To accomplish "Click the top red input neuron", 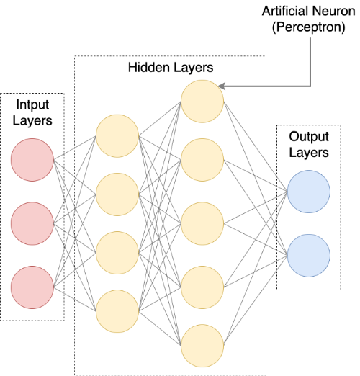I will pos(33,159).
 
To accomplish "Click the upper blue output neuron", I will pos(308,192).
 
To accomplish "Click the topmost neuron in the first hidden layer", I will pos(117,138).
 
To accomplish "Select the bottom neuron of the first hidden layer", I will pos(117,309).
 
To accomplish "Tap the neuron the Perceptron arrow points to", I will pos(202,101).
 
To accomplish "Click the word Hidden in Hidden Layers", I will pos(148,68).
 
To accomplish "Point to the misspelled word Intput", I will pos(32,106).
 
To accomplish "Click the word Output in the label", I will pos(309,137).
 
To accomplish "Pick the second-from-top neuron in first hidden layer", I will pos(117,194).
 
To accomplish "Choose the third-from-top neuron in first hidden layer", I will pos(117,251).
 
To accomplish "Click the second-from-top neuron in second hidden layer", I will pos(202,162).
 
